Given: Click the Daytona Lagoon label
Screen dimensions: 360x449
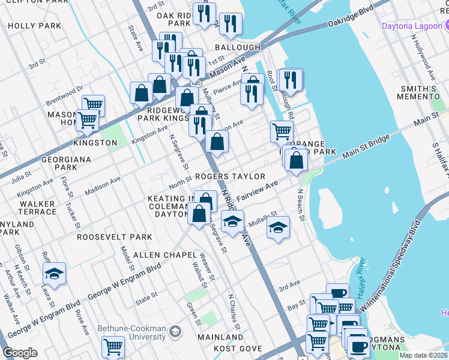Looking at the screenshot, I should point(412,26).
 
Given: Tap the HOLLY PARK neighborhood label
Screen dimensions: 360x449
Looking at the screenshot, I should point(35,26).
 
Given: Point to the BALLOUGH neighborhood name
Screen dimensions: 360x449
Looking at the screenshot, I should point(238,47).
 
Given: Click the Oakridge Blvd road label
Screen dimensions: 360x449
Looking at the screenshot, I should point(351,18).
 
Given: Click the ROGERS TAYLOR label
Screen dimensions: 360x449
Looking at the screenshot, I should point(230,176).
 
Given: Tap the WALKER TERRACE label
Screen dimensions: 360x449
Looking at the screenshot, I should point(37,208).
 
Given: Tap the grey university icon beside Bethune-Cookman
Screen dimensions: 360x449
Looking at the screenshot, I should point(175,331).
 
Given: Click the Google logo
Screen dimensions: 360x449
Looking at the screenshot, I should point(20,353).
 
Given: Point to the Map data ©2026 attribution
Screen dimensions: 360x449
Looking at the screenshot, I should point(423,355).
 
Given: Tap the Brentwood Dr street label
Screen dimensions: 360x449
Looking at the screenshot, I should point(64,96).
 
